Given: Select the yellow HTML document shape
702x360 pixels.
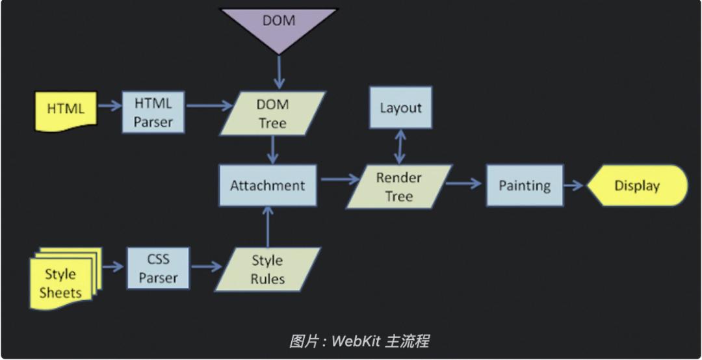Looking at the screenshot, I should [66, 109].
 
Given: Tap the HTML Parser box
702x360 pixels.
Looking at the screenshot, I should [153, 112].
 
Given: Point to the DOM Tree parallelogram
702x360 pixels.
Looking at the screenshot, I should [272, 114].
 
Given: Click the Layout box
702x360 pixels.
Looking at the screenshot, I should [400, 108].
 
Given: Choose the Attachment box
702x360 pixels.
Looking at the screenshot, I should [267, 186].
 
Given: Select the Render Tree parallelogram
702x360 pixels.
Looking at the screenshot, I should [399, 186].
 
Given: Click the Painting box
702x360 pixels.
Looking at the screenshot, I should [525, 186].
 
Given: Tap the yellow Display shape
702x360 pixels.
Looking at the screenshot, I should [637, 186].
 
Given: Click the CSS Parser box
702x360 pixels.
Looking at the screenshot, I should [158, 269].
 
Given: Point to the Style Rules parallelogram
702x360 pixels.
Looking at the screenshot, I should [268, 270].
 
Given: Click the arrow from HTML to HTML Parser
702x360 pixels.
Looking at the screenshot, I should [109, 103].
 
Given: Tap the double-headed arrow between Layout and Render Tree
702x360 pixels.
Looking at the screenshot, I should [401, 146].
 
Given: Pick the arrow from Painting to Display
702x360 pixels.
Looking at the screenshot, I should [574, 186].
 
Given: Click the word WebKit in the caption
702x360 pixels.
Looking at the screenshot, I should [356, 341].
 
